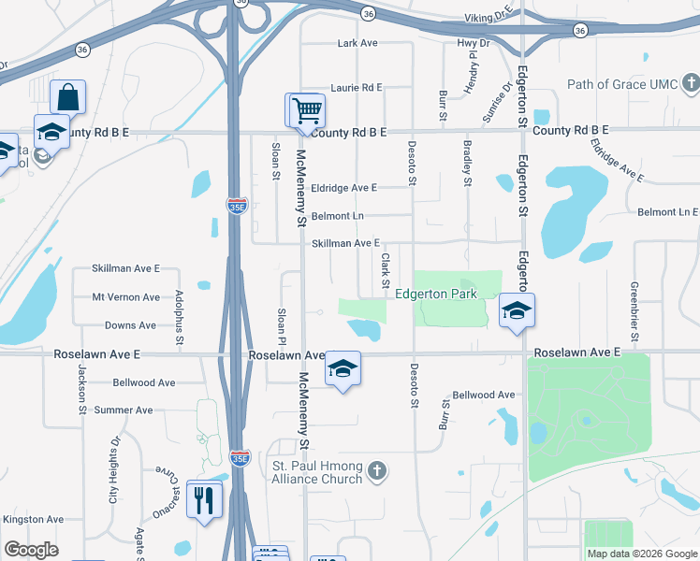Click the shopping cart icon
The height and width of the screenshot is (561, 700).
306,110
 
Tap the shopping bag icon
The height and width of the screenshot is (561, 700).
68,96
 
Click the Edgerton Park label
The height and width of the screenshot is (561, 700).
436,294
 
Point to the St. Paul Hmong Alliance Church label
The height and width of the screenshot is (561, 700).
316,472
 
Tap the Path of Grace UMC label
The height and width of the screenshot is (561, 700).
620,85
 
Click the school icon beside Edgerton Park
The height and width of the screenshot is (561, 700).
515,311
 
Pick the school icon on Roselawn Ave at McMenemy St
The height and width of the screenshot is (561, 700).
343,370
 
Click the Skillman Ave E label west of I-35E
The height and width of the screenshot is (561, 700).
125,268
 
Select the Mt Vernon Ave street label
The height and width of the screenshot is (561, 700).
125,297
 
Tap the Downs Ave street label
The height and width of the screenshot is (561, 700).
130,325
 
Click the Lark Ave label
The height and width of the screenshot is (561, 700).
357,43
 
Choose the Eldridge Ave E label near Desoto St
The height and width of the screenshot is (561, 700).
343,188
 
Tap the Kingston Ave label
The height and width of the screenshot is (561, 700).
33,519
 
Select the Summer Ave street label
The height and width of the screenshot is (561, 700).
123,410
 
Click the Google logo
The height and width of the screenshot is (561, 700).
32,549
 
